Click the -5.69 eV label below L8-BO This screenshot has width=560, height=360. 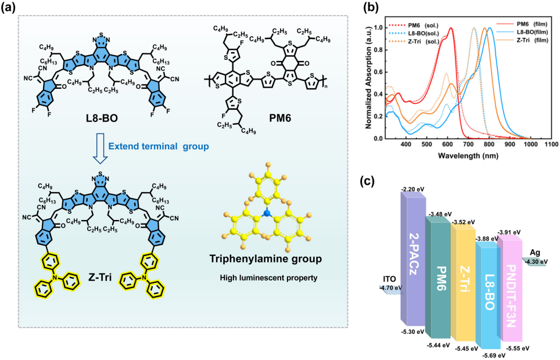tap(491, 355)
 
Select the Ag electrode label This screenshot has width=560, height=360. tap(534, 253)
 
